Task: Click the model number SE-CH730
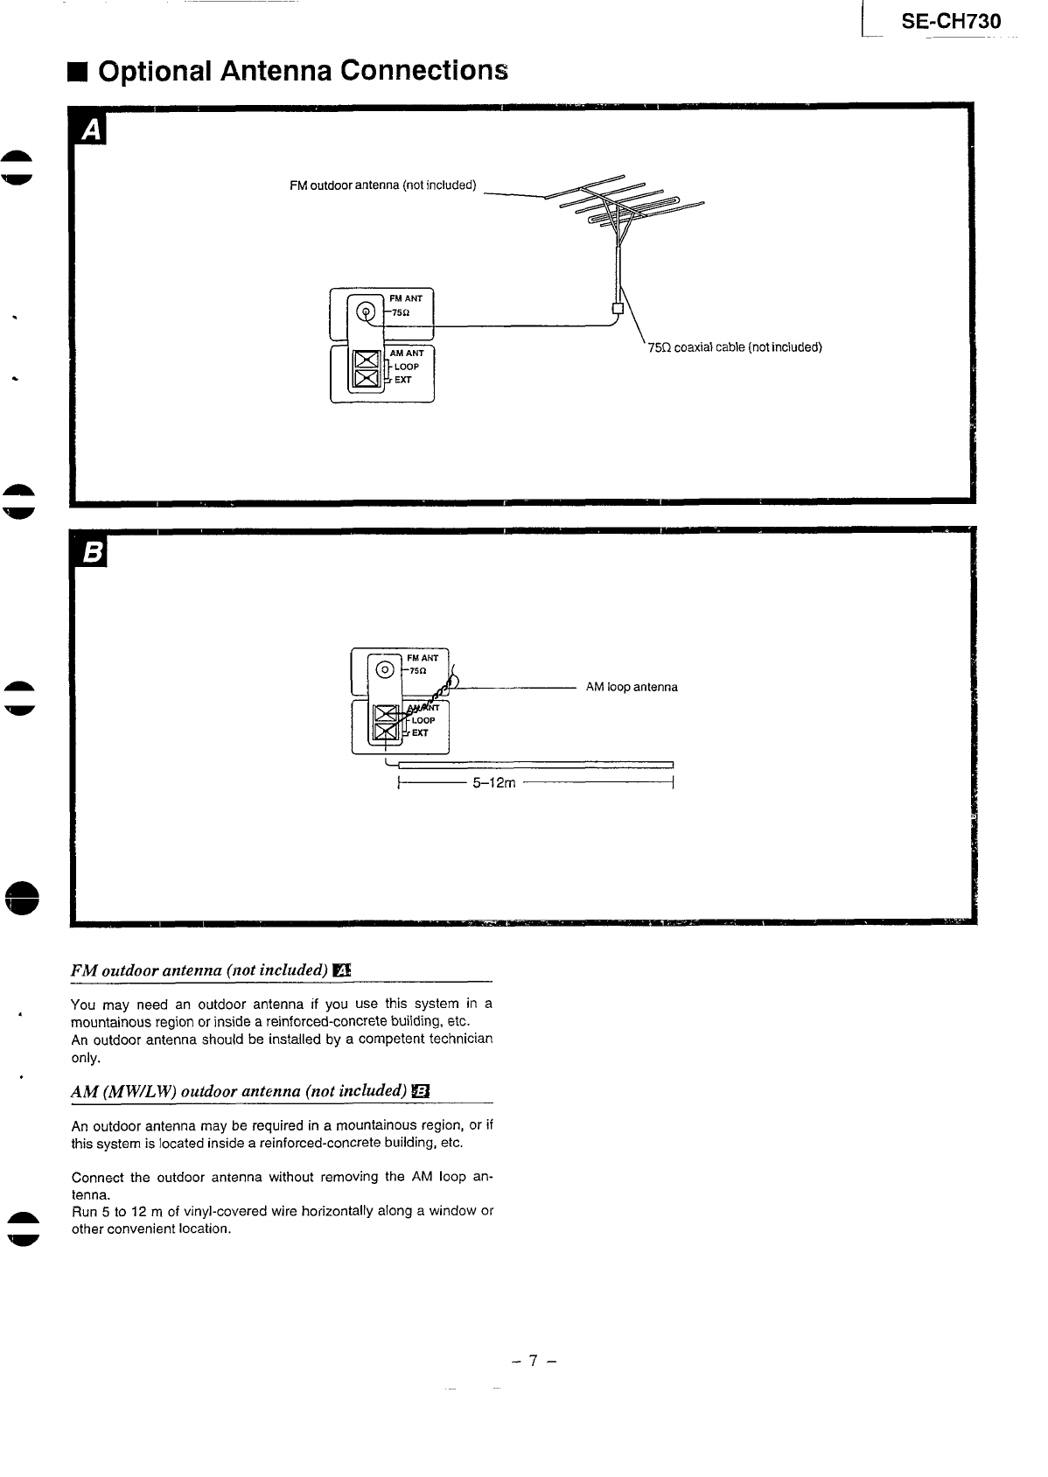951,22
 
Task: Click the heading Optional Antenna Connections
303,70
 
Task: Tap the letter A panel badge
91,130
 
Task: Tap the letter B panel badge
91,552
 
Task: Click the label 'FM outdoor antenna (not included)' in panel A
382,185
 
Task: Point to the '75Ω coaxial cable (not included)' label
735,347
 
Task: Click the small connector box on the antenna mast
618,308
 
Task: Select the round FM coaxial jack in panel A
367,311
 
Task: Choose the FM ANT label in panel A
406,298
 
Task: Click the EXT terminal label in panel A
402,380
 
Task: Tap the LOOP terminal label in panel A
407,367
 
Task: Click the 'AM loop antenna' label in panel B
632,687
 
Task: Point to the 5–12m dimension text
494,783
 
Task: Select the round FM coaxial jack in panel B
386,670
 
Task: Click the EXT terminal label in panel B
420,733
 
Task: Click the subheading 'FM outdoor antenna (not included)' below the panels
199,970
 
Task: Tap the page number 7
534,1361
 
